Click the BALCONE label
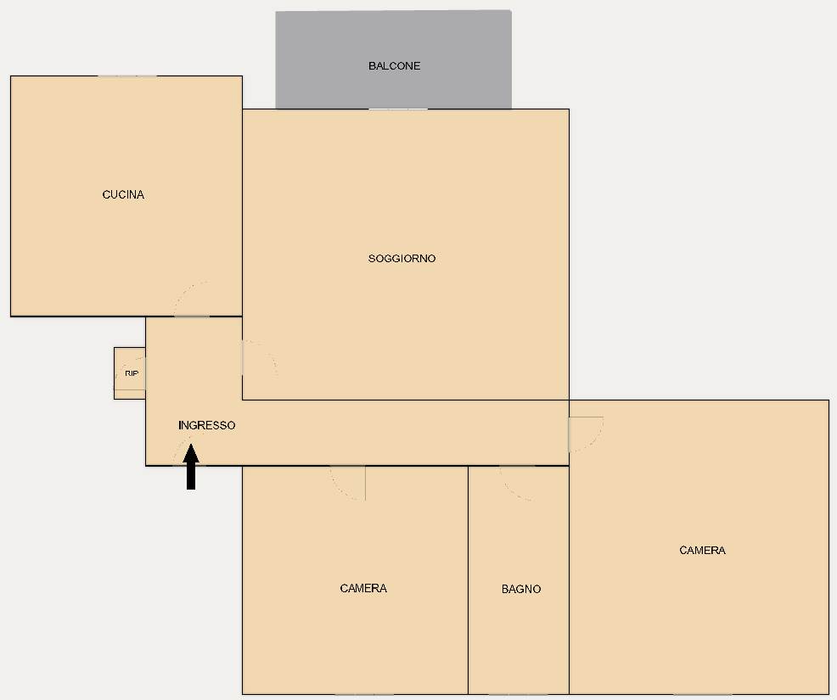point(395,66)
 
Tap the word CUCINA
point(123,195)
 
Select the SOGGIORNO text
point(402,259)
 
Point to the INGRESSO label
point(206,425)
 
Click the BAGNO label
point(521,589)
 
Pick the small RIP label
point(132,373)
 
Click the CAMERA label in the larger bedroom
point(703,550)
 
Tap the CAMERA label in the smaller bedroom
point(363,588)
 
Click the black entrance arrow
point(190,467)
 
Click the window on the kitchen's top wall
point(127,76)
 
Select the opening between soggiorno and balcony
point(398,109)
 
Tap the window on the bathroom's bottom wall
point(519,694)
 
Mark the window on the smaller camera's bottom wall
point(364,694)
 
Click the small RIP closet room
point(130,373)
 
